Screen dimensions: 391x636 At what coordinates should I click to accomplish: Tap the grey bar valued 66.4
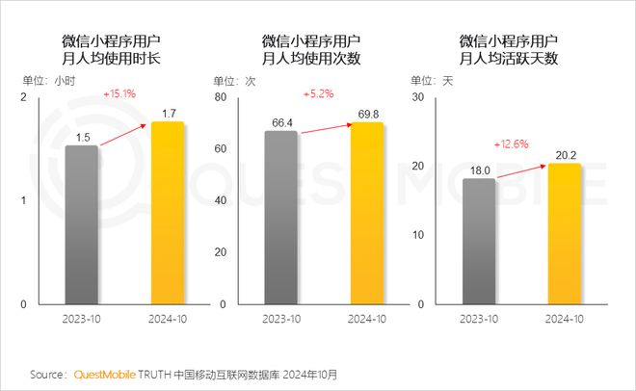[x=280, y=217]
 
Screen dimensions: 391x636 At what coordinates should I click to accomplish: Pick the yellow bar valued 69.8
[x=366, y=213]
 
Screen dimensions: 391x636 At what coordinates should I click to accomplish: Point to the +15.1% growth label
[x=119, y=94]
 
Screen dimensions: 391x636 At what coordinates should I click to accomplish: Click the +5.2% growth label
[x=317, y=94]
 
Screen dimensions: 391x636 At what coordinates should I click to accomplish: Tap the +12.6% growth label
[x=512, y=144]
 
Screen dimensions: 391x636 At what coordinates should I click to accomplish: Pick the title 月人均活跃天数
[x=510, y=58]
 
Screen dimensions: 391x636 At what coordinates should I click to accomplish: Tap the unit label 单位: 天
[x=438, y=81]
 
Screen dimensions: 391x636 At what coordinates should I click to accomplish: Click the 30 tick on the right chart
[x=417, y=98]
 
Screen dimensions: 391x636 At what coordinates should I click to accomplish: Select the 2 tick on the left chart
[x=24, y=98]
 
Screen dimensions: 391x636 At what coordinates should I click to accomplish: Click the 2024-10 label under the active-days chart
[x=564, y=318]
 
